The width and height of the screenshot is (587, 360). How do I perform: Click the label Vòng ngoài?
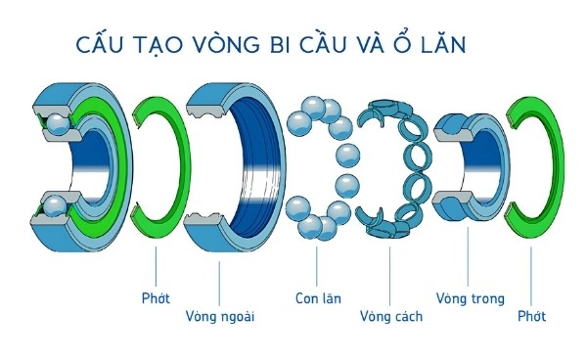coord(220,317)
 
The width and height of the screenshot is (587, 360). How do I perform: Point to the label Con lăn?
coord(318,296)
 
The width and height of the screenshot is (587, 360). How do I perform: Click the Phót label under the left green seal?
coord(157,296)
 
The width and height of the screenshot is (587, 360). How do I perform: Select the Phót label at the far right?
coord(531,317)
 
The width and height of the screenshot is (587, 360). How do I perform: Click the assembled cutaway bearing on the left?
coord(78,157)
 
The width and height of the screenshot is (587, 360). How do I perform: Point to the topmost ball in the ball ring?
coord(316,105)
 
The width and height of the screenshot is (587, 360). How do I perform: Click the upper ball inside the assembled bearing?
coord(56,123)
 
